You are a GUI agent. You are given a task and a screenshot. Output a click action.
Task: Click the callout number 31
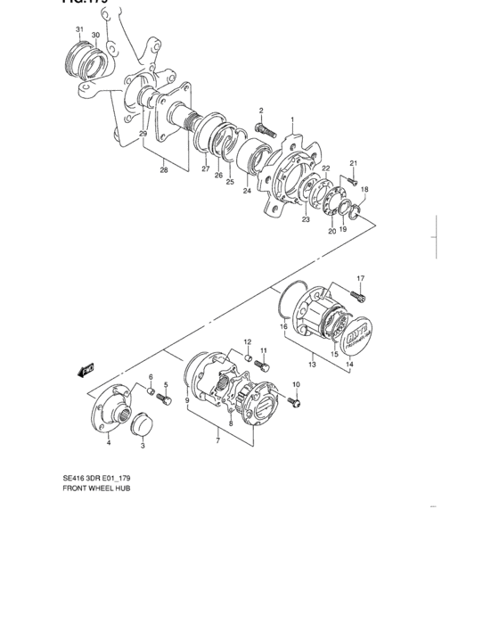[79, 29]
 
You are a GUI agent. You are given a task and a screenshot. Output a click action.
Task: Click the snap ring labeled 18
[356, 210]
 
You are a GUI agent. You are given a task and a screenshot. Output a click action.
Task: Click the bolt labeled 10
[296, 402]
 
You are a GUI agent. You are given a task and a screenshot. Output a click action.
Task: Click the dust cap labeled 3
[143, 425]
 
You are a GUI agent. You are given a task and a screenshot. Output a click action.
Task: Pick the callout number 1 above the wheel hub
[290, 119]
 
